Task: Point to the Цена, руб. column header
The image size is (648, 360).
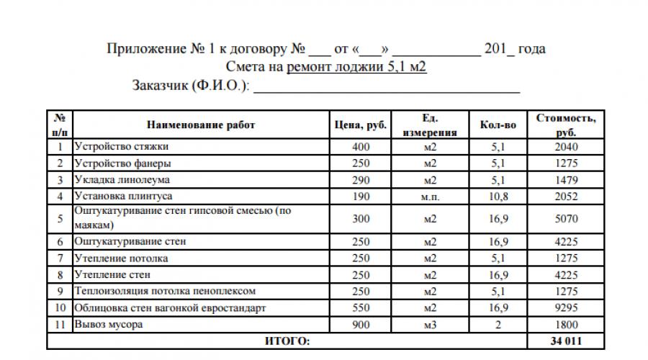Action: click(361, 125)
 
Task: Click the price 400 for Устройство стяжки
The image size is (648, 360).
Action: click(361, 147)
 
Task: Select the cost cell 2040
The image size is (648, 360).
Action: click(566, 147)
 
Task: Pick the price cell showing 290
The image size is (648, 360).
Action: click(361, 179)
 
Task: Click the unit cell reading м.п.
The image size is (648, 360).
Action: click(431, 195)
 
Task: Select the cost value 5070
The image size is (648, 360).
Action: click(566, 218)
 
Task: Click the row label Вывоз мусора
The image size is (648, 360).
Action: click(109, 324)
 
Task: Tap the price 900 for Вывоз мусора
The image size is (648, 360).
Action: click(361, 324)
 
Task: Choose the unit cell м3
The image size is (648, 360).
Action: click(431, 324)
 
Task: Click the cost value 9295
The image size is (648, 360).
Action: click(566, 308)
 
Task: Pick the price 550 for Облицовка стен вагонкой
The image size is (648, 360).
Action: click(361, 308)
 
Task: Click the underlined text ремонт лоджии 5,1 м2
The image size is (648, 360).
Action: click(358, 68)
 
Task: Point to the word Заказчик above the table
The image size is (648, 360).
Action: click(160, 86)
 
